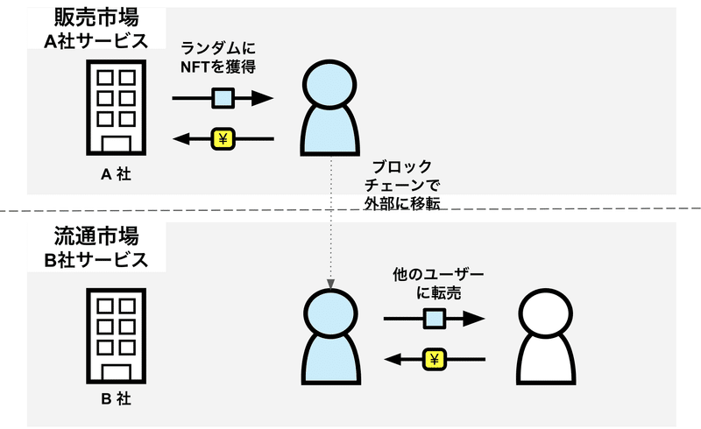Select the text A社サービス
[x=95, y=42]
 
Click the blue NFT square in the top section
[x=223, y=98]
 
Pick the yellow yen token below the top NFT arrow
[x=223, y=138]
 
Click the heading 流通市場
[x=84, y=237]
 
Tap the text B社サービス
[x=95, y=260]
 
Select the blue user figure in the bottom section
[x=332, y=338]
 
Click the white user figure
[x=544, y=338]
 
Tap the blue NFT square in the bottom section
[x=434, y=318]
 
